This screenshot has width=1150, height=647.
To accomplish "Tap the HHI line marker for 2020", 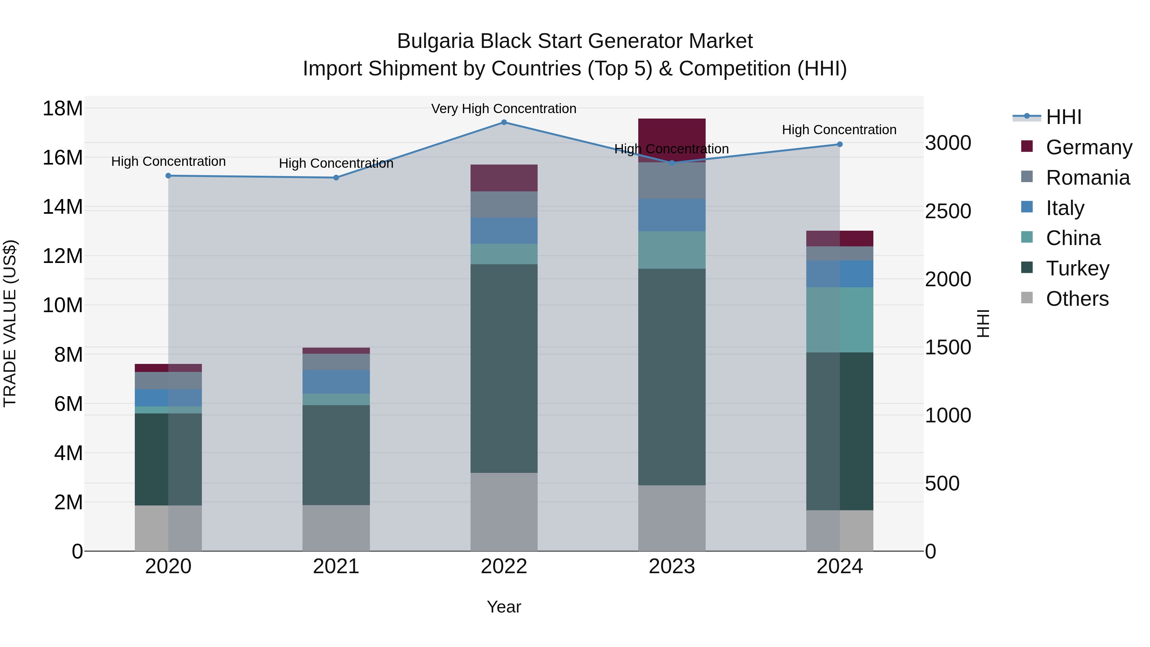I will coord(168,176).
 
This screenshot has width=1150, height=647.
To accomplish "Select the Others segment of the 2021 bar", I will coord(336,528).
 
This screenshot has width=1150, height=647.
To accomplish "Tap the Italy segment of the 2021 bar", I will coord(336,382).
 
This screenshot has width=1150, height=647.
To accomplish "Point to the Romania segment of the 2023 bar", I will coord(671,181).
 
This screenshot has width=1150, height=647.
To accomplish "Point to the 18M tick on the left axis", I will coord(63,109).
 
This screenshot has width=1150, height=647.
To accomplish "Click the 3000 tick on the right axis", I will coord(947,143).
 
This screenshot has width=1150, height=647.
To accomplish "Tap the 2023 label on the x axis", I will coord(671,566).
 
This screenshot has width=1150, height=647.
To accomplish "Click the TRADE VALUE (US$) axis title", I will coord(10,323).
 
